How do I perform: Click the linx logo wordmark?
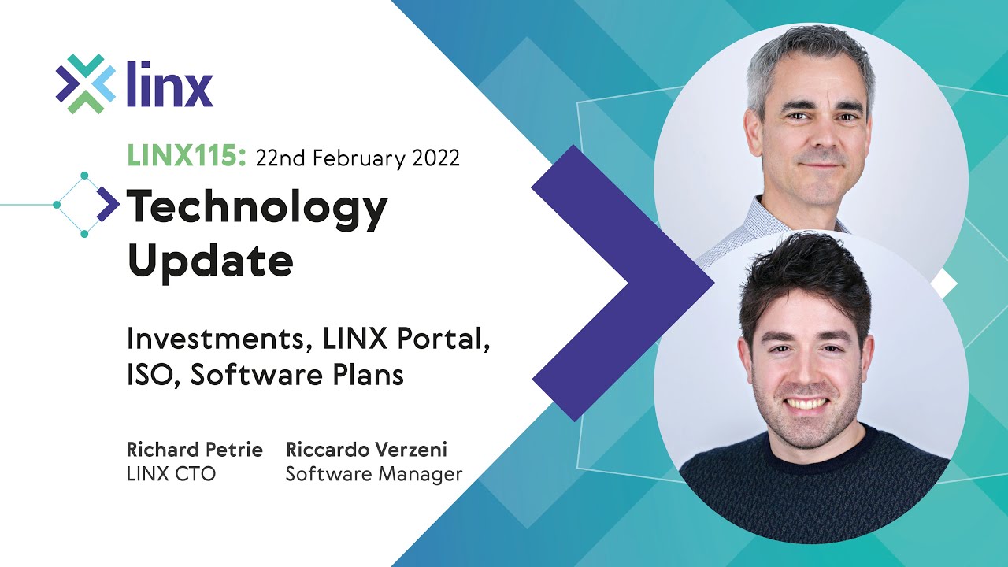[169, 84]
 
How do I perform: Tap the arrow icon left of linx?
[85, 84]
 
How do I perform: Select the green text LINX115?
[187, 157]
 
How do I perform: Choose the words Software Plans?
[297, 376]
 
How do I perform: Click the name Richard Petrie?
[195, 450]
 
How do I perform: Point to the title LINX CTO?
[171, 474]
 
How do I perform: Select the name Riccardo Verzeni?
[366, 450]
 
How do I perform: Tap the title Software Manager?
[373, 474]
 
